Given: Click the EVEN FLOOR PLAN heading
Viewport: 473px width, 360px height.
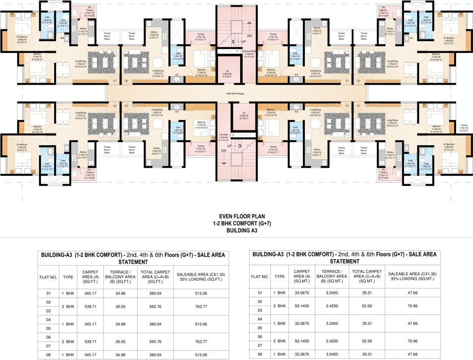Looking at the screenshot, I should (236, 217).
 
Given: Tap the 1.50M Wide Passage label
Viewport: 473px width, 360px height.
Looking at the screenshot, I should (236, 94).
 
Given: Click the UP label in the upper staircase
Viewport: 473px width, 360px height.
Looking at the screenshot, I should (244, 41).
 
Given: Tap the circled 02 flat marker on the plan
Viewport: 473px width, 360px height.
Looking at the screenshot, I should (358, 81).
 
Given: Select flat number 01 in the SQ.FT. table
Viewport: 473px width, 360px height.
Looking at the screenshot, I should (48, 293).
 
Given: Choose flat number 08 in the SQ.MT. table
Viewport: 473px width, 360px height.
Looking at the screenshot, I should (260, 355).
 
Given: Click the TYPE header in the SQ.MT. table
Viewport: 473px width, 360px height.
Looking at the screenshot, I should (280, 277).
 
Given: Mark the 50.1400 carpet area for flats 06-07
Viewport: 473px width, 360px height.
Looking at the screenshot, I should (303, 341).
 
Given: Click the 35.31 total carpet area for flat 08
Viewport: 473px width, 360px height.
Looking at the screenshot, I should (367, 355).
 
